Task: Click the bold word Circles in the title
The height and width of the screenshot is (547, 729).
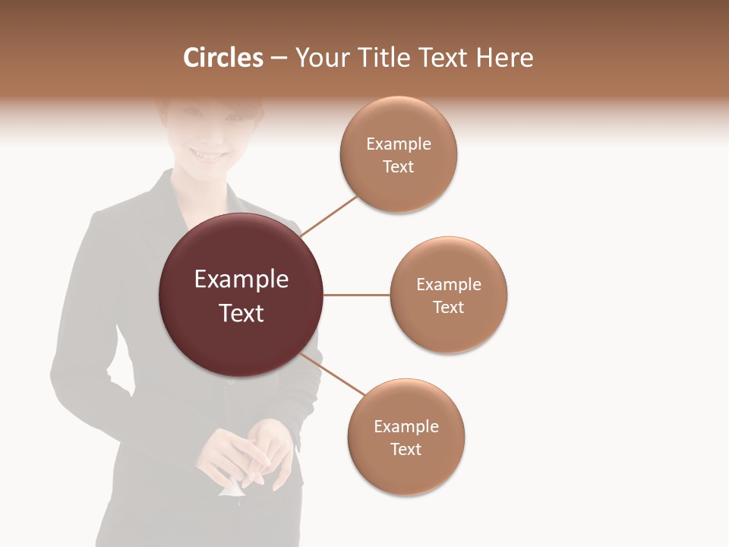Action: pos(223,58)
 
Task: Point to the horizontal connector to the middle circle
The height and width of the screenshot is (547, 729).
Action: pos(356,295)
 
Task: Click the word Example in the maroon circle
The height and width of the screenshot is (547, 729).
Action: pos(241,280)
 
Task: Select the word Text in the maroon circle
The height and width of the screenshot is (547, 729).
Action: pos(241,313)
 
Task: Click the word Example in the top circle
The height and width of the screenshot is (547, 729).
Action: pos(399,144)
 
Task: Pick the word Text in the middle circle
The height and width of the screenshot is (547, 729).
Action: pos(449,307)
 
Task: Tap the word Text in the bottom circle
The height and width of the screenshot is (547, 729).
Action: pos(406,449)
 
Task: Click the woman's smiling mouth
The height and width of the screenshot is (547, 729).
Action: pos(209,155)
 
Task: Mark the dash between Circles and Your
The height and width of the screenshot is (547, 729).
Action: pos(279,58)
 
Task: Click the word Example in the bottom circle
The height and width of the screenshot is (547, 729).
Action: pos(406,426)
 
